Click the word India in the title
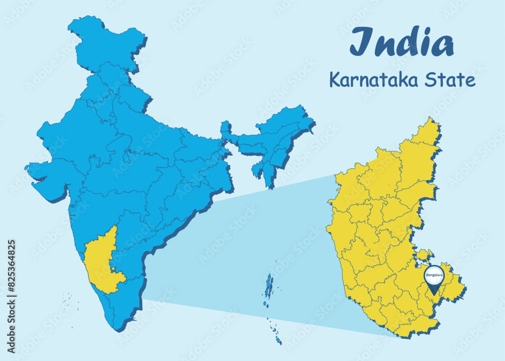click(401, 42)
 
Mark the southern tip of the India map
click(117, 329)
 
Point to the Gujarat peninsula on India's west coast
click(48, 179)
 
